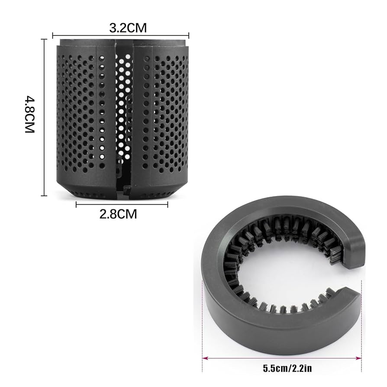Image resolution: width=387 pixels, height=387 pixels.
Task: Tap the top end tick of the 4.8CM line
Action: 44,39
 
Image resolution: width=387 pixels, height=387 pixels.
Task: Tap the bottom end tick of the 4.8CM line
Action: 44,196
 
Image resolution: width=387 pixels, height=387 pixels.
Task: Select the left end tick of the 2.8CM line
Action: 76,204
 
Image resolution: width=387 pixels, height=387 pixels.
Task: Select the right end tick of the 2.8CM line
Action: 168,204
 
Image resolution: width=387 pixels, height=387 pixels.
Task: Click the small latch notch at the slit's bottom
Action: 126,189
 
